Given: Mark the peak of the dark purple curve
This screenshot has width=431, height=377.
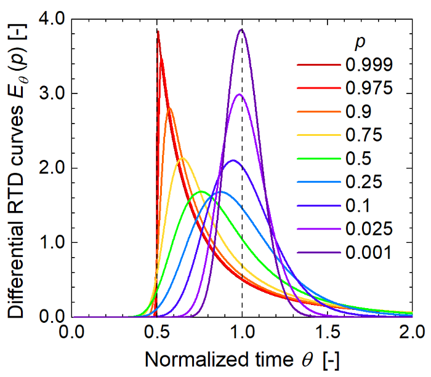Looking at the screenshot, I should [241, 30].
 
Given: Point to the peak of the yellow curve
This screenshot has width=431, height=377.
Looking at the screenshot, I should [182, 159].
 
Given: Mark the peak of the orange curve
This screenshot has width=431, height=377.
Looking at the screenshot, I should [169, 108].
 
